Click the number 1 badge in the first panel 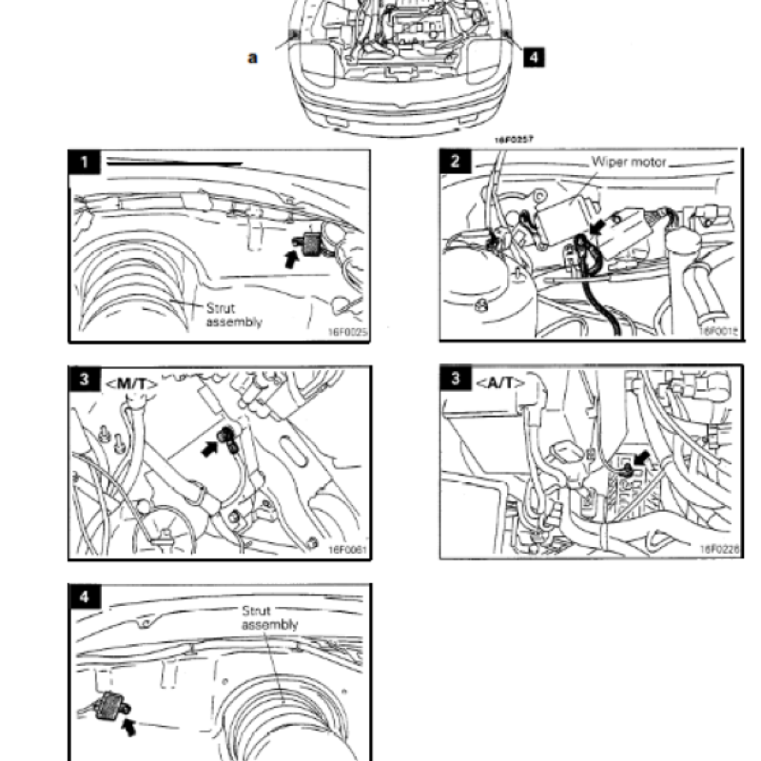tap(85, 162)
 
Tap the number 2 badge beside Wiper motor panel tap(456, 161)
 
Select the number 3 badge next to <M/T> tap(85, 380)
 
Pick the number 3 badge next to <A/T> tap(456, 380)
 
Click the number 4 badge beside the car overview tap(535, 57)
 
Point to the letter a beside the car tap(252, 57)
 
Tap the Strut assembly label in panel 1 tap(234, 315)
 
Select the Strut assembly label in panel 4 tap(270, 617)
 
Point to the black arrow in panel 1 tap(292, 258)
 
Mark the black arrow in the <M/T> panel tap(208, 443)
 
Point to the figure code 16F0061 tap(348, 550)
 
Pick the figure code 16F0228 tap(719, 550)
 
